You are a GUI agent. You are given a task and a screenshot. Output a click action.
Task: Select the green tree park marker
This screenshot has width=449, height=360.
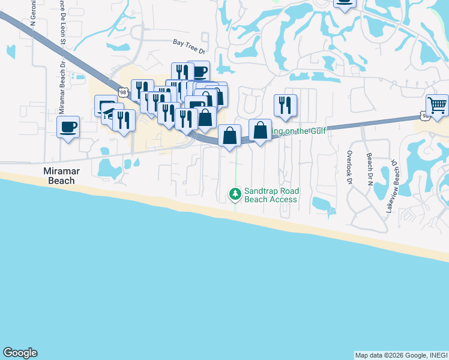(235, 193)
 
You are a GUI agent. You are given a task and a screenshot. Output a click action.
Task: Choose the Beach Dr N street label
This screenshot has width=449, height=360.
(369, 169)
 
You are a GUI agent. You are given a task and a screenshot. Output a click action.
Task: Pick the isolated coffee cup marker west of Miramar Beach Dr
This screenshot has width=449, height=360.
(68, 127)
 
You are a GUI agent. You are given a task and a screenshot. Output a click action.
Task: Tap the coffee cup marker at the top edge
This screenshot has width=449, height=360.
(344, 3)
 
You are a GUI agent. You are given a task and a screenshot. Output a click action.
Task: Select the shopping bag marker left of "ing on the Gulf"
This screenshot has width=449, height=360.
(260, 130)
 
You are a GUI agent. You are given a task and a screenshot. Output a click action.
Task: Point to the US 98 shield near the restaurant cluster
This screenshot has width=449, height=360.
(122, 92)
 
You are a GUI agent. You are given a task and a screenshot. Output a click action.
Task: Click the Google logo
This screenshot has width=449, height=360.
(20, 353)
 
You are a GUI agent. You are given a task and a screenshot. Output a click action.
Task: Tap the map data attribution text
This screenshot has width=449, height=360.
(401, 355)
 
